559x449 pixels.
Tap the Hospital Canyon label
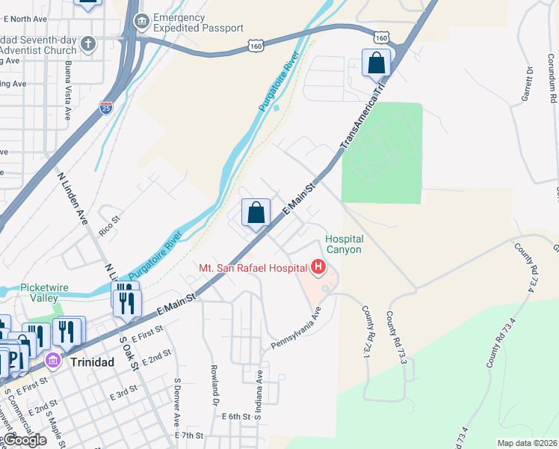coord(343,245)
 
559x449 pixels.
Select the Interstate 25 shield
coord(106,109)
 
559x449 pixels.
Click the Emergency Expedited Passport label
coord(198,22)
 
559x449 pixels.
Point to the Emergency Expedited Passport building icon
coord(140,22)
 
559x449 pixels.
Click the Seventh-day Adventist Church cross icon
coord(89,43)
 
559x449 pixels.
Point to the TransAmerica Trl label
coord(359,118)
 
